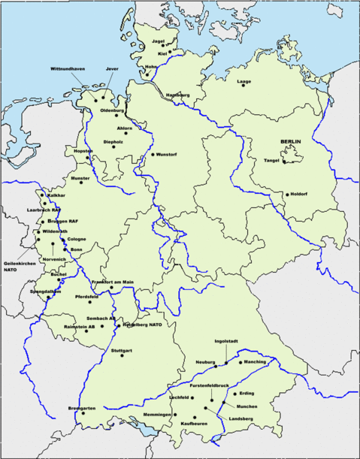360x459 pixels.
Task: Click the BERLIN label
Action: pos(291,142)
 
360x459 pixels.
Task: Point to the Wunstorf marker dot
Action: pos(152,155)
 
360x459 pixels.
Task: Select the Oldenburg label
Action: pos(112,111)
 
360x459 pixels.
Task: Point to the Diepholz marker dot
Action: pos(115,147)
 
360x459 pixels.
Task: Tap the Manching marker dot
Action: pos(241,361)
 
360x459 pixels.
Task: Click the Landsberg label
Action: pos(241,418)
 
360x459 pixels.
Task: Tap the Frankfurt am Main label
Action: pos(113,282)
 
